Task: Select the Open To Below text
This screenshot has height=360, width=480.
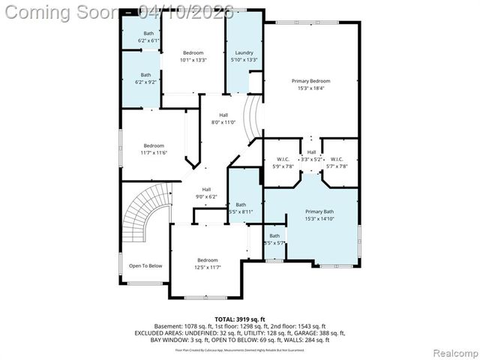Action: (x=145, y=265)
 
